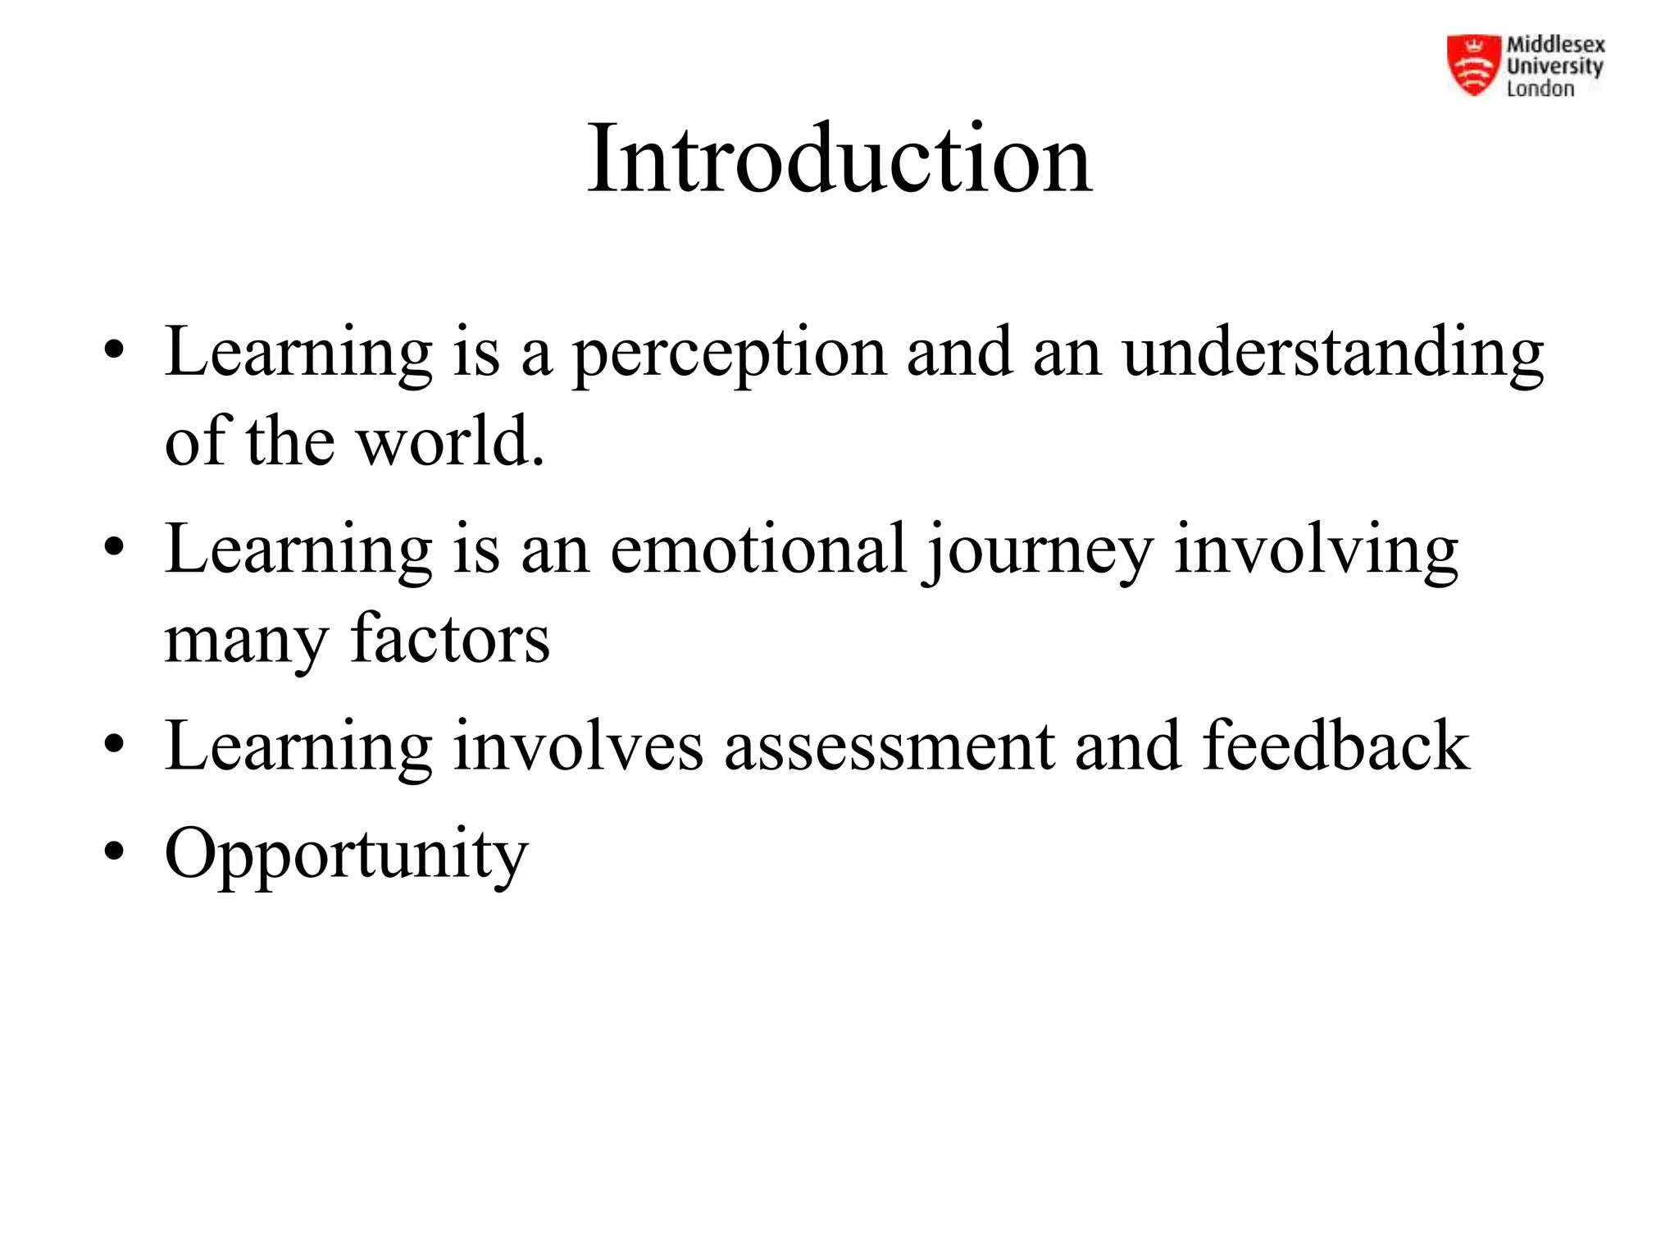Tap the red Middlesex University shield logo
[1474, 65]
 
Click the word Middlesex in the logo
[1555, 45]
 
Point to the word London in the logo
[1540, 89]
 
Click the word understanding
[1332, 353]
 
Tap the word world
[450, 441]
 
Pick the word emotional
[758, 549]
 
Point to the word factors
[450, 639]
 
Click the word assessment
[889, 746]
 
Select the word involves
[578, 746]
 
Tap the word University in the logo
[1554, 66]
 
